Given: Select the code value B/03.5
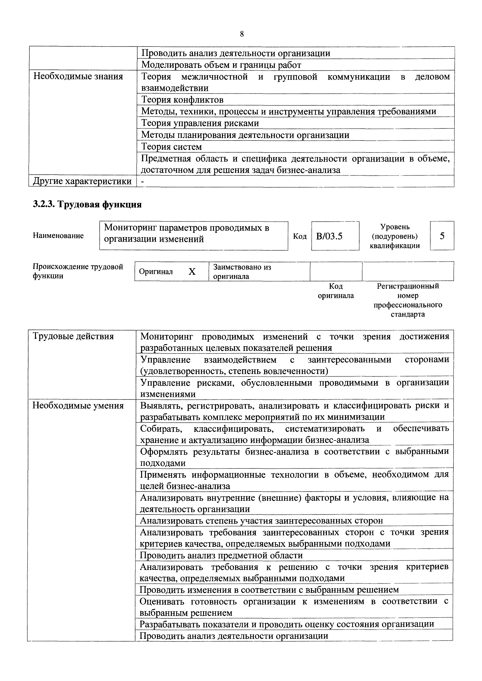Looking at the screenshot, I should [x=329, y=236].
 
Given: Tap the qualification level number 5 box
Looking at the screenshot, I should [x=442, y=236].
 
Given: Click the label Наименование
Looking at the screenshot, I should [x=58, y=236].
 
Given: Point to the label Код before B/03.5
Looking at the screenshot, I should [x=300, y=236].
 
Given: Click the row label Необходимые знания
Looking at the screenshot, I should [x=78, y=77].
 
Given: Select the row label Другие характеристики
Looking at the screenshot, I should [x=82, y=181].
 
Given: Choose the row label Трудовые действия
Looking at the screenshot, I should [x=73, y=336].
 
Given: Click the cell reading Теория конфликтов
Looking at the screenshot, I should [x=182, y=100].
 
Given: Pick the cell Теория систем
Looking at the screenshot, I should [x=172, y=147].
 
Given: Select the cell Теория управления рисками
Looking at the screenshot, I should [x=200, y=123].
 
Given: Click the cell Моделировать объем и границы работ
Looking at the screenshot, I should [x=221, y=65].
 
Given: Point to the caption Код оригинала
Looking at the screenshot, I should [x=336, y=291].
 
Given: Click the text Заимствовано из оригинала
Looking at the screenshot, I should [x=242, y=271].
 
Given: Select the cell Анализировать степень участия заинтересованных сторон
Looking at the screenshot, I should [x=261, y=521].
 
